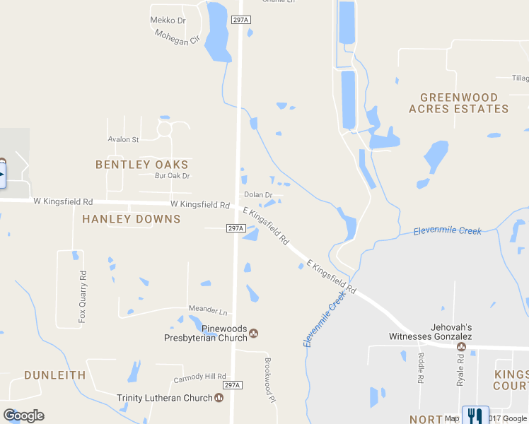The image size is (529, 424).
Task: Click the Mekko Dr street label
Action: (x=168, y=20)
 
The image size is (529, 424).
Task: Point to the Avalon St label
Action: (x=123, y=139)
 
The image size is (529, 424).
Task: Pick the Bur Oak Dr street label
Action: (x=173, y=176)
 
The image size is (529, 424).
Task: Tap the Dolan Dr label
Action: (x=258, y=194)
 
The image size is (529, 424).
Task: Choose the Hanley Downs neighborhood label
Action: (x=132, y=219)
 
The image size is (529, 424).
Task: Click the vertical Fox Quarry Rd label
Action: (x=83, y=297)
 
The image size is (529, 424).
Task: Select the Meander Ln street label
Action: (x=209, y=310)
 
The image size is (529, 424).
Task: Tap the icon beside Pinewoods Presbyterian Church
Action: (x=254, y=334)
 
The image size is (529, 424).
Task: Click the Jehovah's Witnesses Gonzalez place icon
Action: (x=461, y=346)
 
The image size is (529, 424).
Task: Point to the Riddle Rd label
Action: (x=421, y=367)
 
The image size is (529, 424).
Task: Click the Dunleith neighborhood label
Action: (x=55, y=375)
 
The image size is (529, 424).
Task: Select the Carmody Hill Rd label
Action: (x=200, y=378)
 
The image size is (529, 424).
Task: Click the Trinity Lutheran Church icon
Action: (x=219, y=398)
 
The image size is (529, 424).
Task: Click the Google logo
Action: (x=23, y=416)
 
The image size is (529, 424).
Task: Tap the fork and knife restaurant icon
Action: (x=475, y=416)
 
